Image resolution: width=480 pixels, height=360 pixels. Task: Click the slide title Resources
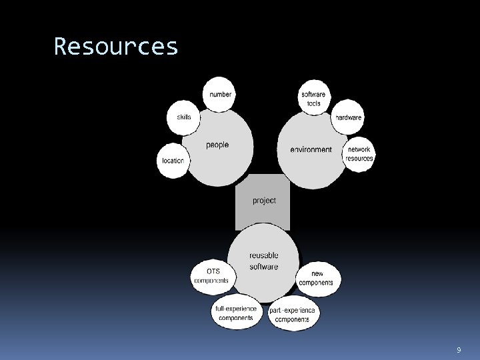point(116,47)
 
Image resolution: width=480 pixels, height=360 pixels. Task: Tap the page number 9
point(459,350)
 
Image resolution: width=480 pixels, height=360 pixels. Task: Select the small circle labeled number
point(220,95)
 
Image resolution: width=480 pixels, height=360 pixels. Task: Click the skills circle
point(183,117)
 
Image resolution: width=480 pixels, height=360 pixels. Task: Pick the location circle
point(173,160)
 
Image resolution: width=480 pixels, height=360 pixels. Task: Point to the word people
point(217,145)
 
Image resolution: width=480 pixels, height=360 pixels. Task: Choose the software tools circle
point(313,99)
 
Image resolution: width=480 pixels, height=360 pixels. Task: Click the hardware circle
point(348,117)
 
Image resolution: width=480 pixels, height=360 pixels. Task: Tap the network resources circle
point(359,154)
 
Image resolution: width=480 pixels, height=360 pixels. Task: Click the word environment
point(311,149)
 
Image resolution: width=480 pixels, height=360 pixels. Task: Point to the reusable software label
point(264,261)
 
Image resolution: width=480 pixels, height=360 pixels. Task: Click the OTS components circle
point(212,276)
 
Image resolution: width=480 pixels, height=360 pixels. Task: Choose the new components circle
point(317,278)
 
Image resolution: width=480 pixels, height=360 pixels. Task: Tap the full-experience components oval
point(235,313)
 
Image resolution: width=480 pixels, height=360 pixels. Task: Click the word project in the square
point(264,200)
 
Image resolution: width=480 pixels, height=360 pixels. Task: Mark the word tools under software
point(313,104)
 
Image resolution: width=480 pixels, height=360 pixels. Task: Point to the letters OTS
point(213,271)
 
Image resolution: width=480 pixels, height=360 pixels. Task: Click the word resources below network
point(359,159)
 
